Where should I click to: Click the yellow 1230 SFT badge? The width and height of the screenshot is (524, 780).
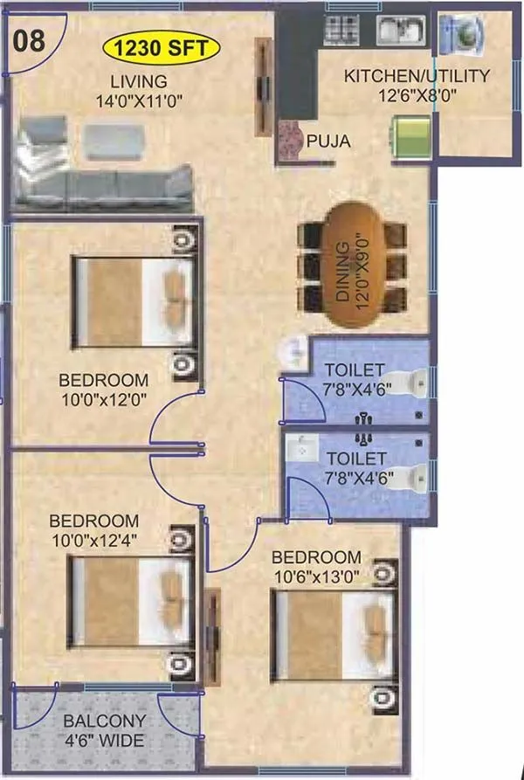point(161,48)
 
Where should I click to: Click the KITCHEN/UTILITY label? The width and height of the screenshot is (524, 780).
point(417,76)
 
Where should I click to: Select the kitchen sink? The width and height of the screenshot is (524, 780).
point(401,31)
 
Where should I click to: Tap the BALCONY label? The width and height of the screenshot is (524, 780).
point(105,722)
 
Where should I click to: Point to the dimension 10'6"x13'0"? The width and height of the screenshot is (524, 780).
point(315,576)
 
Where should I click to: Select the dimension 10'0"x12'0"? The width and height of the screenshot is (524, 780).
point(103,399)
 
